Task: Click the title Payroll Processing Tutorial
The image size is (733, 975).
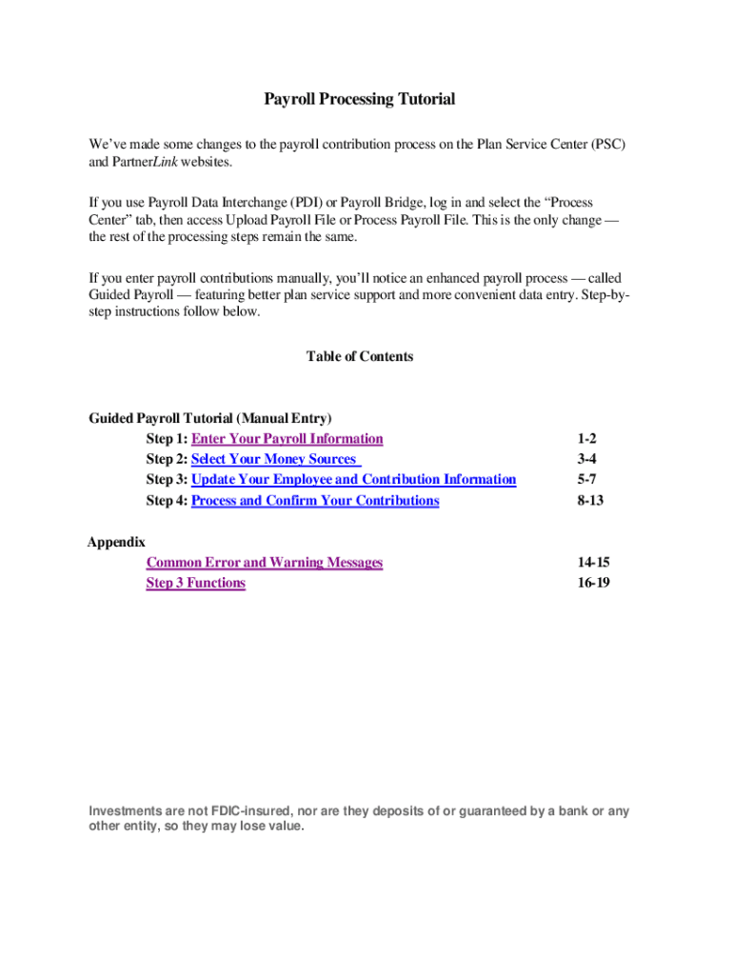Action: tap(359, 99)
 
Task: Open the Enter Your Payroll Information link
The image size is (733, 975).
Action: tap(287, 439)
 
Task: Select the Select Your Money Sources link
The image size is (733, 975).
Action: tap(275, 460)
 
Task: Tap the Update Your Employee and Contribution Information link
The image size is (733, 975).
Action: tap(353, 480)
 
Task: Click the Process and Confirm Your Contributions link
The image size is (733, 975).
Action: tap(315, 501)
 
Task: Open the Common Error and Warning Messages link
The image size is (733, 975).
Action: tap(264, 563)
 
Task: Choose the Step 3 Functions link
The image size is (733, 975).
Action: tap(195, 583)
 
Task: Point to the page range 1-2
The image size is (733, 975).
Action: tap(586, 439)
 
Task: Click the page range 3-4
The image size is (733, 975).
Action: tap(586, 460)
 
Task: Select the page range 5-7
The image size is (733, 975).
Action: tap(586, 480)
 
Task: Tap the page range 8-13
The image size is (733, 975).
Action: tap(590, 501)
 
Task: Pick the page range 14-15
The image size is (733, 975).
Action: tap(592, 563)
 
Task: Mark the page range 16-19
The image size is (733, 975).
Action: tap(592, 583)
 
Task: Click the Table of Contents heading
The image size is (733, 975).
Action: tap(360, 357)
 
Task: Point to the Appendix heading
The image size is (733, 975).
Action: tap(116, 542)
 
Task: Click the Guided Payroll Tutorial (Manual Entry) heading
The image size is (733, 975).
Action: tap(210, 418)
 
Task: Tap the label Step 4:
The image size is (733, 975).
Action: tap(167, 501)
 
